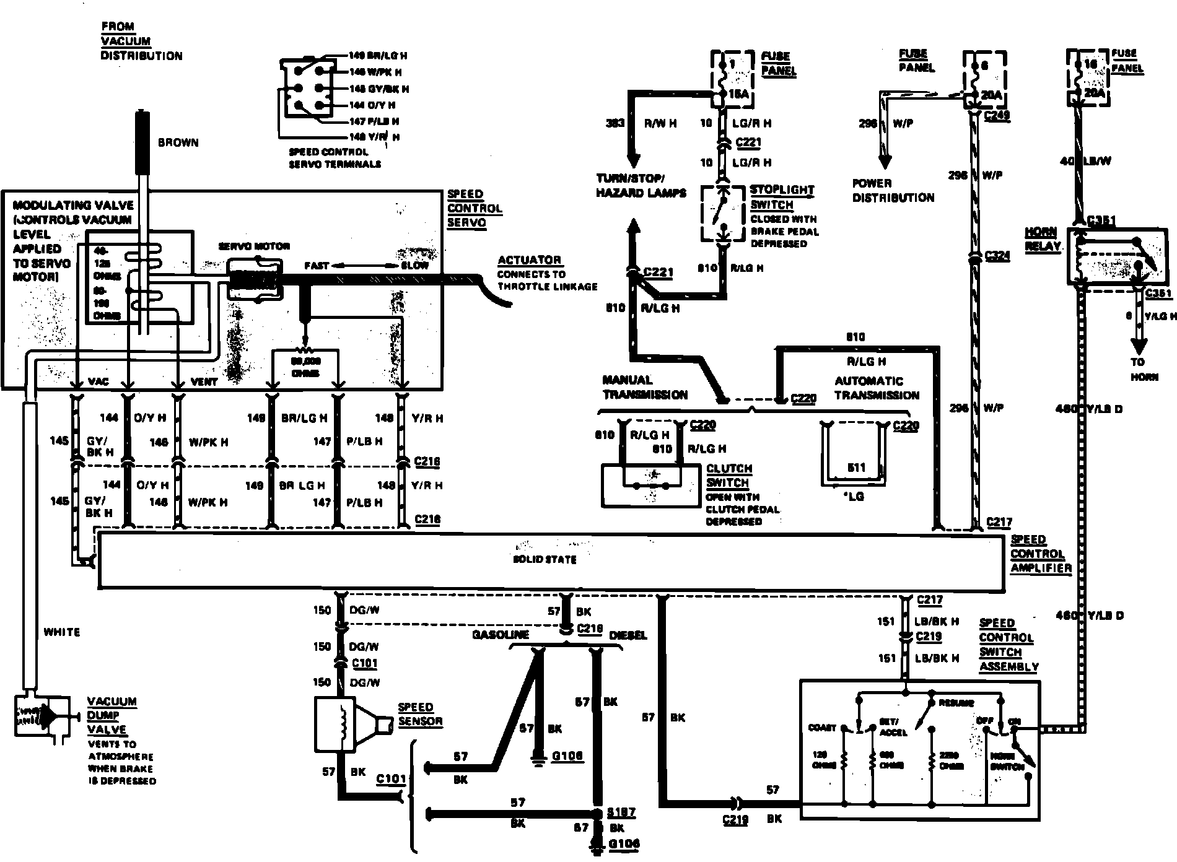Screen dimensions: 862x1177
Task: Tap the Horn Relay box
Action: point(1111,256)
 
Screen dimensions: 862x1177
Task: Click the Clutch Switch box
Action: point(650,485)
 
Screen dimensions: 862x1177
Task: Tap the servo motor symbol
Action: point(255,279)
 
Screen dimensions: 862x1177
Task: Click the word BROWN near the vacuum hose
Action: point(178,142)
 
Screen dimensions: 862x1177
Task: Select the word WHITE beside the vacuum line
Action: point(62,632)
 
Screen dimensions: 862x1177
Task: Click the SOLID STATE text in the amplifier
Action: point(545,560)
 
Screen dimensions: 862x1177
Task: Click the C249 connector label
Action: point(997,115)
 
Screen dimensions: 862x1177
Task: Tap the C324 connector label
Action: point(997,255)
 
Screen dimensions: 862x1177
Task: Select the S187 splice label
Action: point(621,812)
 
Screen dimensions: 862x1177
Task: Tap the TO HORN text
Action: point(1138,369)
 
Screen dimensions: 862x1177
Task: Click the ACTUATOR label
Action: point(529,260)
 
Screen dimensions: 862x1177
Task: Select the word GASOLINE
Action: point(501,635)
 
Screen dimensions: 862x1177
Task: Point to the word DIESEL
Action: point(628,635)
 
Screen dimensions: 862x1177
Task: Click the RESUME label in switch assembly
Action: point(956,703)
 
